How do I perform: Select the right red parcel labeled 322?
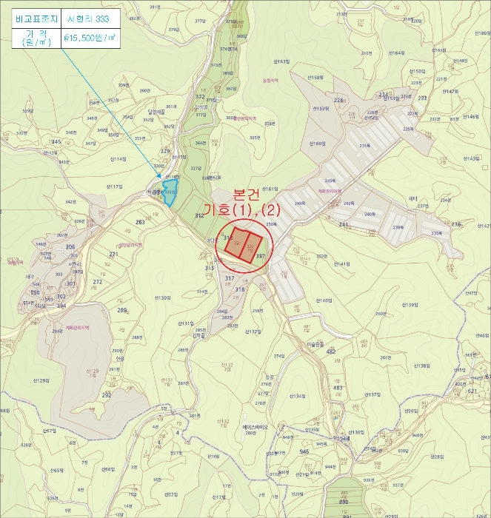coord(253,245)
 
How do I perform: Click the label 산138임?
coord(422,366)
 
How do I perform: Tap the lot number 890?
coord(344,502)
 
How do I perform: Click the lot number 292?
coord(107,395)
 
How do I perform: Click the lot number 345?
coord(56,141)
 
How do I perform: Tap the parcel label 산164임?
coord(395,53)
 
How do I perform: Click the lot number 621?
coord(472,390)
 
